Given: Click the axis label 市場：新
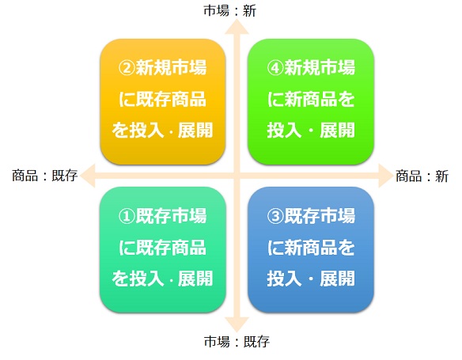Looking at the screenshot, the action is click(230, 11).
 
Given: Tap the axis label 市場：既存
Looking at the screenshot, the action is click(237, 342).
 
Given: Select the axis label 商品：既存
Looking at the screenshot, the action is click(44, 176).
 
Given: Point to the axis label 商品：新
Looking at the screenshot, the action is click(422, 176).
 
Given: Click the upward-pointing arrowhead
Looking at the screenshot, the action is click(237, 27).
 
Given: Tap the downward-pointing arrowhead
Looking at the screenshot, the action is click(237, 325).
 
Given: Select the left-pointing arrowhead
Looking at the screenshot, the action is click(88, 176).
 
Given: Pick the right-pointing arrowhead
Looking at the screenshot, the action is click(386, 176).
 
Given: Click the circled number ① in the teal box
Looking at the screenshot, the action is click(127, 216).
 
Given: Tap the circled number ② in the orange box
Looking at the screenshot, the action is click(127, 68).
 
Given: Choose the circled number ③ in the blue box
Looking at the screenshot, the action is click(275, 216).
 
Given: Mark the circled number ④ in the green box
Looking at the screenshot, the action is click(275, 68).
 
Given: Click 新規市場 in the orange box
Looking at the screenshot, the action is click(171, 67).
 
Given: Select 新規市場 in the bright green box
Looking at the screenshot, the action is click(320, 67).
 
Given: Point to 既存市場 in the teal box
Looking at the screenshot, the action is click(171, 216).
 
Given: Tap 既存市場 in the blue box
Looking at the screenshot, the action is click(320, 216).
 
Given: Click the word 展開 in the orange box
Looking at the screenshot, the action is click(195, 130).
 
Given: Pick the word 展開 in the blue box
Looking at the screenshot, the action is click(337, 279).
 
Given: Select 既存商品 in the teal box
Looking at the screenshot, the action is click(171, 247).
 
